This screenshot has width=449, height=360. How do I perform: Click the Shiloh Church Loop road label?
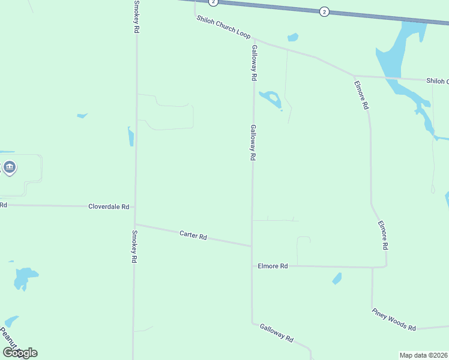pyautogui.click(x=223, y=28)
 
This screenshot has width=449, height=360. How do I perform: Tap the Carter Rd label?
pyautogui.click(x=193, y=235)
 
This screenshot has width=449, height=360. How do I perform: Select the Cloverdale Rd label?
pyautogui.click(x=109, y=206)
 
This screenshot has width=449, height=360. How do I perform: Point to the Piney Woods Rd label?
pyautogui.click(x=394, y=319)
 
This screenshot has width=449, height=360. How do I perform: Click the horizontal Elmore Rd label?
pyautogui.click(x=273, y=266)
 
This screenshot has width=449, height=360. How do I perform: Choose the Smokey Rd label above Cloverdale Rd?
pyautogui.click(x=136, y=16)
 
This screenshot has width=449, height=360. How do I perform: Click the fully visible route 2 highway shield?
pyautogui.click(x=324, y=11)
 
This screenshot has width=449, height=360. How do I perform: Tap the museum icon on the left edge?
pyautogui.click(x=9, y=167)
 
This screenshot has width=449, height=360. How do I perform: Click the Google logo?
pyautogui.click(x=20, y=353)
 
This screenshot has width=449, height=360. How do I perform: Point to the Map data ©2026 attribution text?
pyautogui.click(x=423, y=355)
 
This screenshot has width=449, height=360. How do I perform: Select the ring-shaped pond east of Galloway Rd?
pyautogui.click(x=271, y=98)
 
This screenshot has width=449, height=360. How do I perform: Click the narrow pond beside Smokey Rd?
pyautogui.click(x=130, y=137)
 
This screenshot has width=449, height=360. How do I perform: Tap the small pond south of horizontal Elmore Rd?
pyautogui.click(x=337, y=278)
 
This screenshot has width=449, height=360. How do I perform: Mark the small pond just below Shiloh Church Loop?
pyautogui.click(x=293, y=38)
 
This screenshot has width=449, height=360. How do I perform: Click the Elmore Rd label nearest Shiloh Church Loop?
pyautogui.click(x=361, y=95)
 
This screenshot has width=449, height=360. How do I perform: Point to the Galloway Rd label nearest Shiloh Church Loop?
pyautogui.click(x=255, y=63)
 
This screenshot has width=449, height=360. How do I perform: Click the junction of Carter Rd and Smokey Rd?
pyautogui.click(x=134, y=224)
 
